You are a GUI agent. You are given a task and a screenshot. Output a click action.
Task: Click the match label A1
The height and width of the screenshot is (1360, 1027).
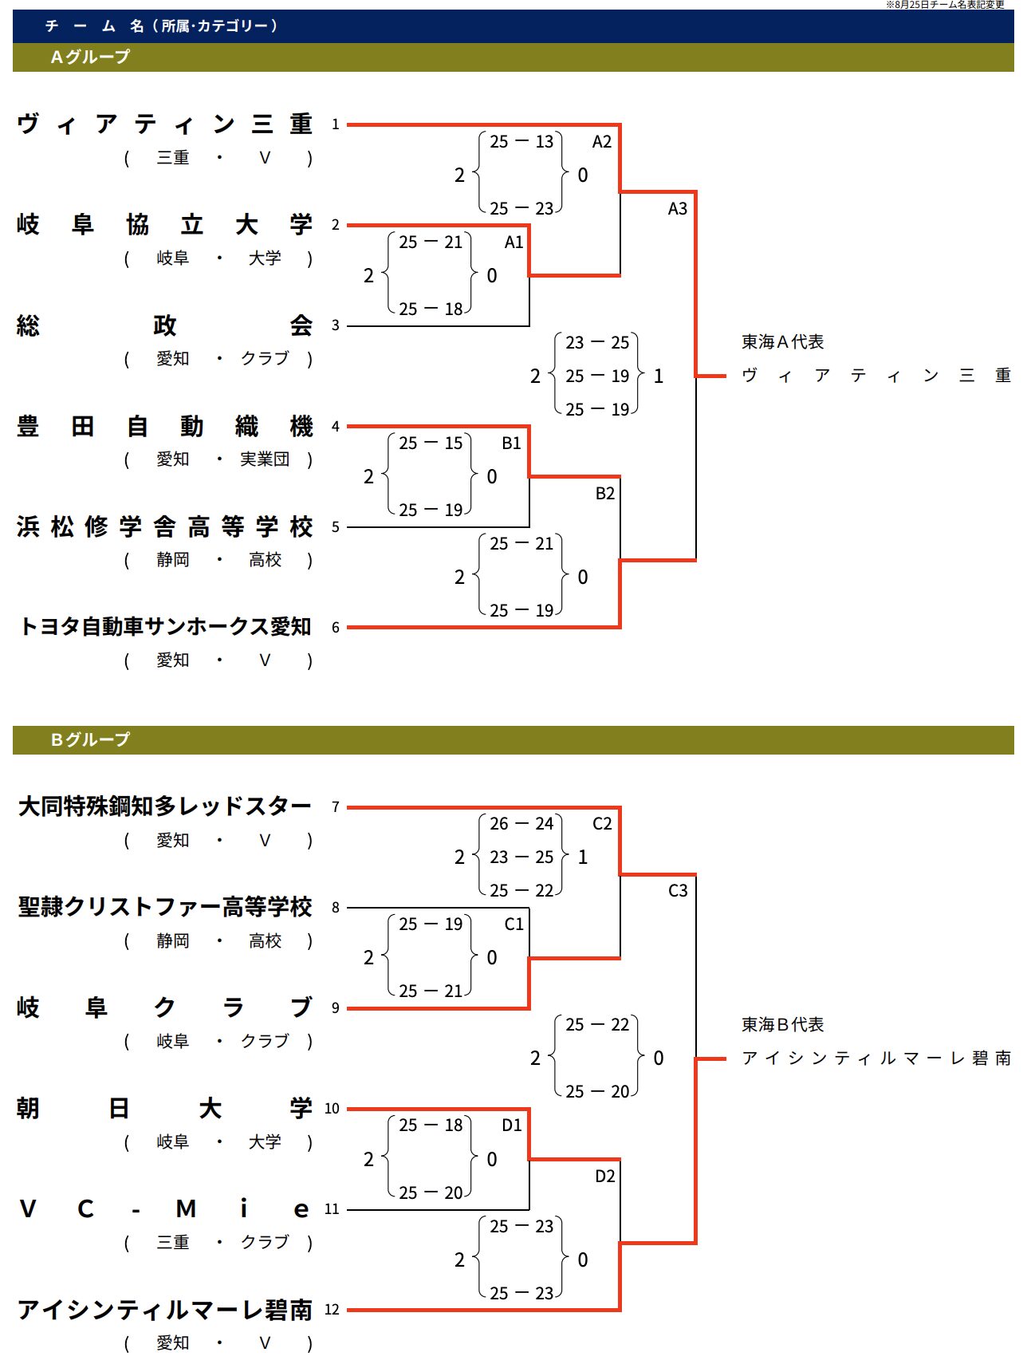point(513,242)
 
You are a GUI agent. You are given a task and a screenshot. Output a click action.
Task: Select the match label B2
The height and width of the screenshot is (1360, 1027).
point(605,493)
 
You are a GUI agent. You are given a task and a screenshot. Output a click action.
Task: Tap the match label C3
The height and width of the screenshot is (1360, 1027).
point(678,890)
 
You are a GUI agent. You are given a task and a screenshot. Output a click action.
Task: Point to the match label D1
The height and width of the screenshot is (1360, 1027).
point(512,1125)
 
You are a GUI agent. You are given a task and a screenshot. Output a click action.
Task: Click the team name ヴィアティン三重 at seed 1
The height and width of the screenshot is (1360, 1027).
point(164,124)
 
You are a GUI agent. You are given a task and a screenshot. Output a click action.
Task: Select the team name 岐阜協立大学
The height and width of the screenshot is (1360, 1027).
point(164,225)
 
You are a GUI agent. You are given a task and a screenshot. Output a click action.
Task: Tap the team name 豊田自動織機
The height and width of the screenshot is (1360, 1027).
point(164,426)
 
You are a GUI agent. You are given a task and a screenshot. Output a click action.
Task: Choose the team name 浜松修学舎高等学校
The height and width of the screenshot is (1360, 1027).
point(164,526)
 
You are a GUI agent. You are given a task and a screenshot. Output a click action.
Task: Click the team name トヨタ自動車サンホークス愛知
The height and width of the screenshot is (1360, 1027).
point(164,627)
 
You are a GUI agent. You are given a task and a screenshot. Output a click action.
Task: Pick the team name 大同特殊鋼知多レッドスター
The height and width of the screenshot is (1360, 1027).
point(164,806)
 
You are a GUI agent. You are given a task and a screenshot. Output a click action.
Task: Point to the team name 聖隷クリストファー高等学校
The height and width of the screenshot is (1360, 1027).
point(164,907)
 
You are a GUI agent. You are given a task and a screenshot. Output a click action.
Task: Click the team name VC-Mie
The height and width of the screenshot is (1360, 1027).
point(164,1209)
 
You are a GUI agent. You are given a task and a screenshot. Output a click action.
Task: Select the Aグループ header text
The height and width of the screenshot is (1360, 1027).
point(89,57)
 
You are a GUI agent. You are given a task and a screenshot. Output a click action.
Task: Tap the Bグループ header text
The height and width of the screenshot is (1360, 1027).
point(89,740)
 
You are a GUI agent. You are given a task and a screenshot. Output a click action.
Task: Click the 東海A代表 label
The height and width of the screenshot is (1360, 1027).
point(782,342)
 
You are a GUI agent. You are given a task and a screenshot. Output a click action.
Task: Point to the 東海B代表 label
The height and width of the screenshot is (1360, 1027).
point(782,1024)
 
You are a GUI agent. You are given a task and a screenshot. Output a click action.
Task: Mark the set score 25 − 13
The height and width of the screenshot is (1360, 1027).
point(521,142)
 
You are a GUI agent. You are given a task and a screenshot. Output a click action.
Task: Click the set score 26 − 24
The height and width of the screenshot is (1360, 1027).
point(521,824)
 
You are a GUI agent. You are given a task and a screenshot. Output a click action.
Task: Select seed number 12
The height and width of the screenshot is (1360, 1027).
point(332,1310)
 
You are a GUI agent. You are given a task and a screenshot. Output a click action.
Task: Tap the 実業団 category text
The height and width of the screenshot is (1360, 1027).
point(265,459)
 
